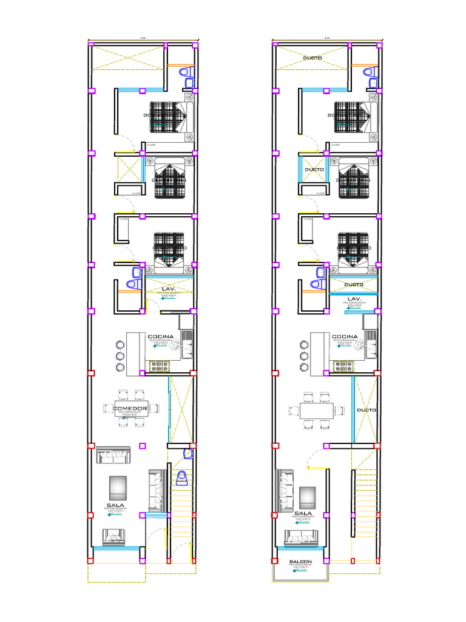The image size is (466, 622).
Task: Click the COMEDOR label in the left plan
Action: (x=130, y=409)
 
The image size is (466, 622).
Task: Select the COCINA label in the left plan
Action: (x=161, y=337)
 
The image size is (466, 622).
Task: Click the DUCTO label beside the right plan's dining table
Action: (x=366, y=411)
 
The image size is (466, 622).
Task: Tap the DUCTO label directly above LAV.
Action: (x=353, y=284)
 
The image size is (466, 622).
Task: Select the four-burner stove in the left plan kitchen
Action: (x=159, y=366)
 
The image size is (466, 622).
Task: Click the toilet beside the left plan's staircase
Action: (x=181, y=479)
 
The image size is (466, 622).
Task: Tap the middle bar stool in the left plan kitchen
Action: (x=120, y=356)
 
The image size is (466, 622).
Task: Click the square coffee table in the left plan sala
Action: (x=118, y=487)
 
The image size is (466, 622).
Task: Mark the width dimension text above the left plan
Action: (x=143, y=38)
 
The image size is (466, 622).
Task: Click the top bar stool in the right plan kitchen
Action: (x=303, y=345)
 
